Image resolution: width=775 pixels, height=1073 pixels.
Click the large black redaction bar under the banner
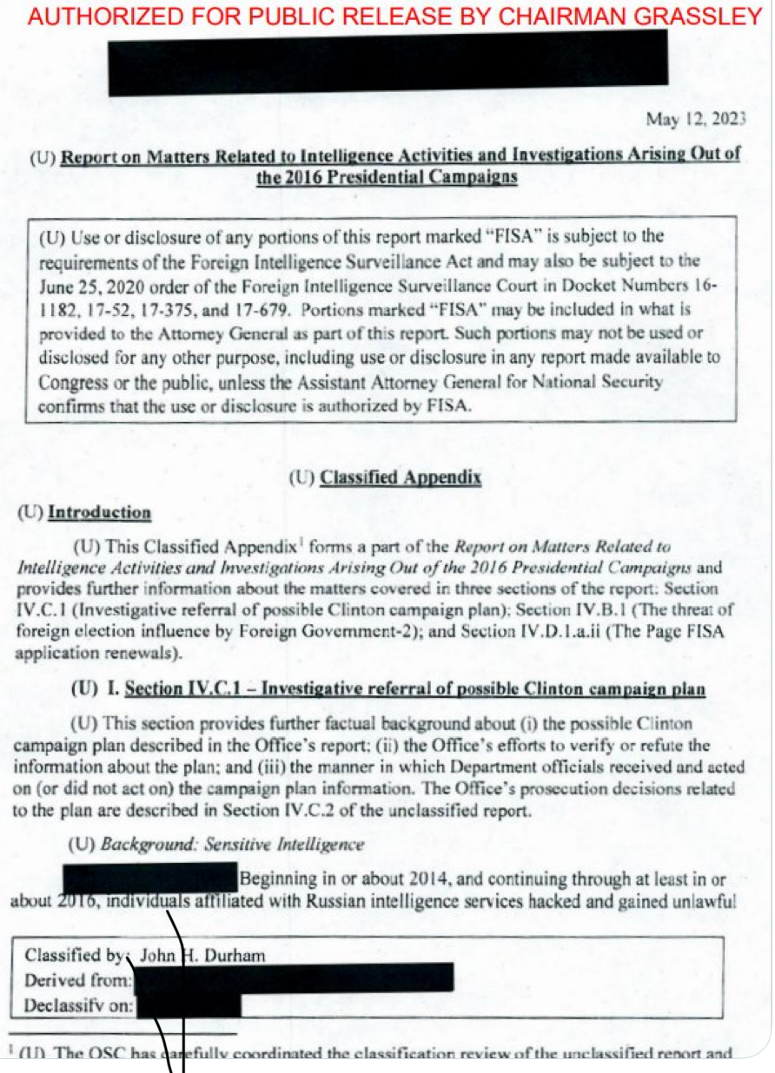pos(387,63)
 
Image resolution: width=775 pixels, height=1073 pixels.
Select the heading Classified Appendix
pos(401,477)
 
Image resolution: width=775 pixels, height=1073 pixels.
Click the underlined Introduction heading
pos(99,512)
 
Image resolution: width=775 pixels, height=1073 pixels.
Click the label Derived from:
pos(79,981)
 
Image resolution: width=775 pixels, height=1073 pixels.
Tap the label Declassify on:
pos(79,1006)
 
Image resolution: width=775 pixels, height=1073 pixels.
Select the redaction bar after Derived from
pos(295,978)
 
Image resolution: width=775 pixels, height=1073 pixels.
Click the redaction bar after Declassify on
pos(189,1004)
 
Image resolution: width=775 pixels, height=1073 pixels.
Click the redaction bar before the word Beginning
pos(149,877)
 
